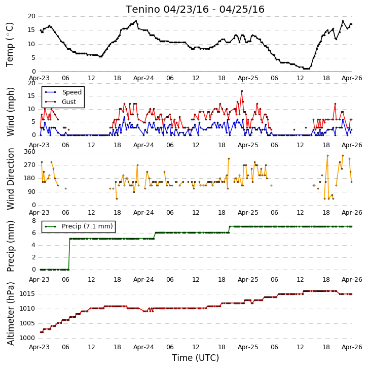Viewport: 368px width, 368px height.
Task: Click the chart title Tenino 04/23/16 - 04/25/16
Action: click(x=195, y=10)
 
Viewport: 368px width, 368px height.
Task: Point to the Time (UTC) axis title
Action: click(x=195, y=358)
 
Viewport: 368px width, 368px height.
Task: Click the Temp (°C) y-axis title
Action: click(x=10, y=45)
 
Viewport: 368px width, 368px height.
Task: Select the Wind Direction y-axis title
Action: click(x=10, y=179)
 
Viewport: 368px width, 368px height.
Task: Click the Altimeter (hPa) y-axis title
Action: click(x=10, y=314)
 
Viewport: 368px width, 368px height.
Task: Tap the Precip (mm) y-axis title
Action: click(x=10, y=246)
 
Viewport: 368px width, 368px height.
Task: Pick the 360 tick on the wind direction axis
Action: click(x=29, y=152)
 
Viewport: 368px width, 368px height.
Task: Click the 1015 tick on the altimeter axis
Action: click(x=27, y=294)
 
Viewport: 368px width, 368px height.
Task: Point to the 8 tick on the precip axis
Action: click(x=34, y=221)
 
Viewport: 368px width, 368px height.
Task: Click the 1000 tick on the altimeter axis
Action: click(x=27, y=338)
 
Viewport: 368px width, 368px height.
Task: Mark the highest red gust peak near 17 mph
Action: click(x=242, y=91)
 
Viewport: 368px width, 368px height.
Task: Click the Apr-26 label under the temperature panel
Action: click(x=352, y=78)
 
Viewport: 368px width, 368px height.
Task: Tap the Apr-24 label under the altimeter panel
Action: click(x=143, y=347)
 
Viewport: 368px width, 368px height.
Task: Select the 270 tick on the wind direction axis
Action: click(x=29, y=165)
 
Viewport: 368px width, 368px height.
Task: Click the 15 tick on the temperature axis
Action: click(x=31, y=30)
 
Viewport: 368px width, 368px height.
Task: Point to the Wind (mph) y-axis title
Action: click(x=10, y=112)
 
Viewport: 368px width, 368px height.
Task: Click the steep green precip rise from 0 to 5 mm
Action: click(x=69, y=254)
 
